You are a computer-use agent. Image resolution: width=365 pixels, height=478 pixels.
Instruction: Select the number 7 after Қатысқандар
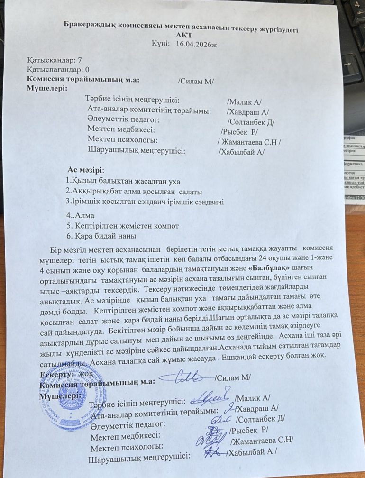coord(80,61)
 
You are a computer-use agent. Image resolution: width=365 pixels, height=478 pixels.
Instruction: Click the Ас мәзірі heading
coord(86,170)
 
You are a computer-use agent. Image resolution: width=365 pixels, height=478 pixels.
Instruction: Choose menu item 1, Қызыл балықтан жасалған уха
coord(123,181)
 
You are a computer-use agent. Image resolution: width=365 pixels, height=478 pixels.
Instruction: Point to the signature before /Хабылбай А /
coord(214,454)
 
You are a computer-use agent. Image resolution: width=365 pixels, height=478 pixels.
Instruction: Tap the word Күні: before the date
coord(161,44)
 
